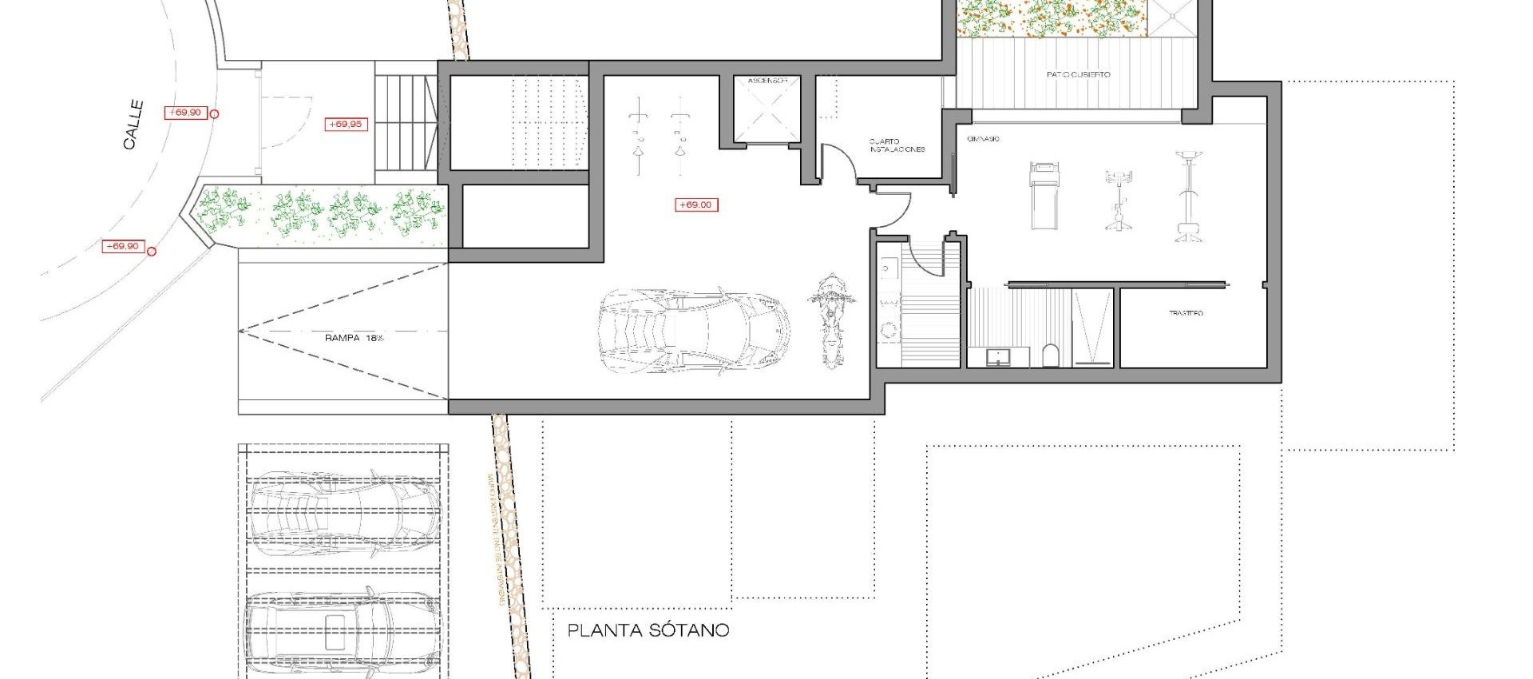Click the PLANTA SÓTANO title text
pos(648,630)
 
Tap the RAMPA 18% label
pos(354,338)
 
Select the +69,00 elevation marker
pos(696,205)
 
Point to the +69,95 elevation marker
pos(347,125)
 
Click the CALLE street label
pos(133,125)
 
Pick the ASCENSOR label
pos(767,81)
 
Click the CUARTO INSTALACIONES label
pos(897,145)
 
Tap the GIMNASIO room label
pos(983,139)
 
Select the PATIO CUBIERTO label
pos(1078,74)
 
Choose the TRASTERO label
pos(1186,313)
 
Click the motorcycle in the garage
pos(830,320)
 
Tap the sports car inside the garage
pos(693,331)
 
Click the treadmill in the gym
pos(1044,195)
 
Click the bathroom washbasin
pos(997,356)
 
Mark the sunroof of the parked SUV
pos(335,631)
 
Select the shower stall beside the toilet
pos(1091,328)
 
